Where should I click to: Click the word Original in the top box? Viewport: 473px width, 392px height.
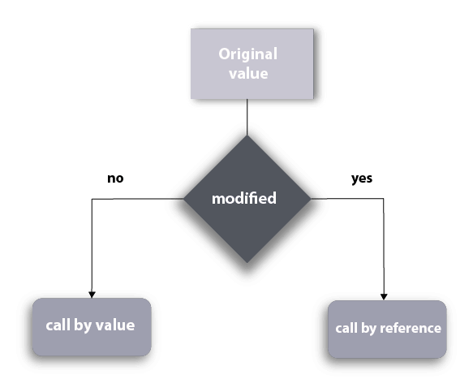coord(248,54)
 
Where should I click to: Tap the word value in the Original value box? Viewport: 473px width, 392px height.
coord(248,74)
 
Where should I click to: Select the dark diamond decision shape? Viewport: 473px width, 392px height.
coord(247,199)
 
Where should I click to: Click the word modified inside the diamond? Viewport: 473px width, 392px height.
coord(244,198)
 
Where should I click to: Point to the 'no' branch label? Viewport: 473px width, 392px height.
coord(115,179)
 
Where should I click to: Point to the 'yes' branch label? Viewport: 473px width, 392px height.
coord(362,179)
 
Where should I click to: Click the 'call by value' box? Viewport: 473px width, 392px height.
coord(92,327)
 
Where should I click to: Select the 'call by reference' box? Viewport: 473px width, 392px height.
coord(387,330)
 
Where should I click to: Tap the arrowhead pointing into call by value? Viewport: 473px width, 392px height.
coord(92,295)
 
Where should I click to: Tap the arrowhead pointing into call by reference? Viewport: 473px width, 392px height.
coord(384,297)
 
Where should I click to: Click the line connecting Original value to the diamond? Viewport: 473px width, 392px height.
coord(247,117)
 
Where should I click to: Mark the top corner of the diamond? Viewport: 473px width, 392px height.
coord(247,136)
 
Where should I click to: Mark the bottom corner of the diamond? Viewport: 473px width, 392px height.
coord(247,263)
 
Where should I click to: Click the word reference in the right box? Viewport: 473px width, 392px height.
coord(411,328)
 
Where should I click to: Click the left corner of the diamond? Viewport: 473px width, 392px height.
coord(183,199)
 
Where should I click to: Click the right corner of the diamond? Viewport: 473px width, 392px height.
coord(311,199)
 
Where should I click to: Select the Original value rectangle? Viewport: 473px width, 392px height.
coord(252,64)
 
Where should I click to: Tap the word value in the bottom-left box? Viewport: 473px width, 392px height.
coord(115,325)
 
